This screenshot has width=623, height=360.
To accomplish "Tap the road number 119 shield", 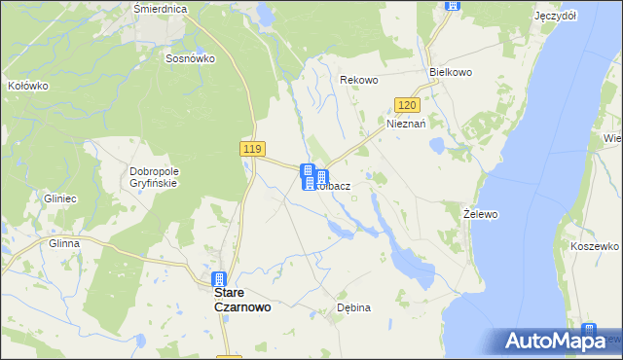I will click(x=252, y=148).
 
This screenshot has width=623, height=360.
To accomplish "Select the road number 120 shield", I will click(x=408, y=105).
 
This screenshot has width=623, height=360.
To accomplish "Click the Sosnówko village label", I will click(x=190, y=58).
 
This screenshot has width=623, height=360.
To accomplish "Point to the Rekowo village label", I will click(x=357, y=80).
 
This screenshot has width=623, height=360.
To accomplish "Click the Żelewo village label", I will click(x=481, y=212).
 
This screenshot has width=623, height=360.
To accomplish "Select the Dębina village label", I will click(x=353, y=307).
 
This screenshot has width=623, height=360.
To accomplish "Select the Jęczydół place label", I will click(x=555, y=17).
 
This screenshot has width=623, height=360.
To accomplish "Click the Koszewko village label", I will click(x=595, y=247).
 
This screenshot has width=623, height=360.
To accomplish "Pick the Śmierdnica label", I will click(x=160, y=8).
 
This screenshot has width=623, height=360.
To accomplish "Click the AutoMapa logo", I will click(x=562, y=341).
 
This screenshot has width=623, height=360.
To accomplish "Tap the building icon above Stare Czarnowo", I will click(x=220, y=280).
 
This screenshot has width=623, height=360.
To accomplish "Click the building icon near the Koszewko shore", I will click(x=589, y=332).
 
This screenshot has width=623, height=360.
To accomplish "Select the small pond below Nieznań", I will click(x=437, y=146).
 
